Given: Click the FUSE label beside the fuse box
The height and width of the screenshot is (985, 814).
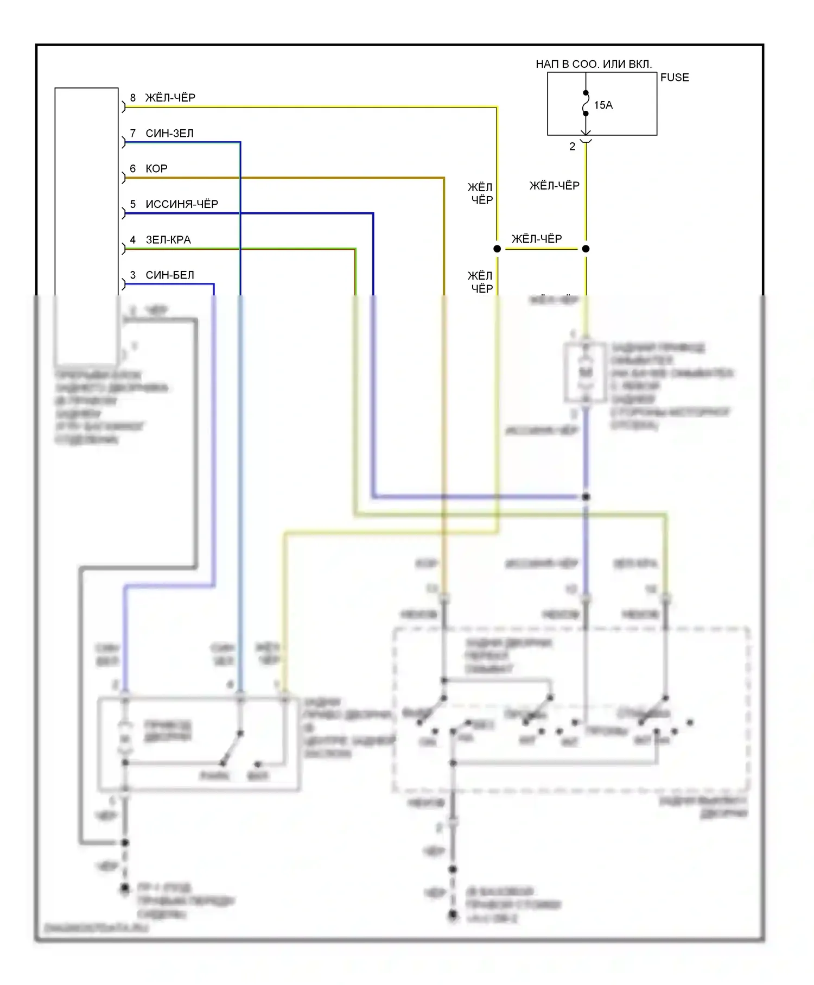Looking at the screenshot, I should coord(674,78).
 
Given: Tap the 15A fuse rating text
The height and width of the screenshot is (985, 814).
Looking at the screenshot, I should coord(603,105).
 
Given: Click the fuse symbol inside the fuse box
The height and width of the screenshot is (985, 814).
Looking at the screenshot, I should coord(586,103).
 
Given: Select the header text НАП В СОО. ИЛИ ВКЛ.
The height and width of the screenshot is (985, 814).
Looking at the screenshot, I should coord(594,64).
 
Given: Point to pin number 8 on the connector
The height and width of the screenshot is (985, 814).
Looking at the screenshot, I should coord(133,98).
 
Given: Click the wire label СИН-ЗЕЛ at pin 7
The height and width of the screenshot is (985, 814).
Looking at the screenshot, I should coord(169,134).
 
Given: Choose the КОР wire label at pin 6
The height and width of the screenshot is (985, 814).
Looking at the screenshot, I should coord(156,169).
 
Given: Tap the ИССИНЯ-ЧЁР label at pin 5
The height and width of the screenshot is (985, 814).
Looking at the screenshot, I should coord(182,204).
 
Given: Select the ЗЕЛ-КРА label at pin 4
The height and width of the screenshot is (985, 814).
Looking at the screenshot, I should coord(168,240).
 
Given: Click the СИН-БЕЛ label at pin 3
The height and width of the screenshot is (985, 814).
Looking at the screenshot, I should coord(170,275).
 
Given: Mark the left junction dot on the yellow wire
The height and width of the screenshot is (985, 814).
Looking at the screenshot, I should coord(497,249).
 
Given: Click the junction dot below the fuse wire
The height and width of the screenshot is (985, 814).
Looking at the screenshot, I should coord(586,249).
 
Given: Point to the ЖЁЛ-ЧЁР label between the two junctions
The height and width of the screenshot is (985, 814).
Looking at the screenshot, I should coord(537,239).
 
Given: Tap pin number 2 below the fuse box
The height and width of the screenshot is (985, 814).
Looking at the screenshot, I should coord(572,147).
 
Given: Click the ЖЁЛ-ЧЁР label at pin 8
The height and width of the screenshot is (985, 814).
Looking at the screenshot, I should coord(170,98).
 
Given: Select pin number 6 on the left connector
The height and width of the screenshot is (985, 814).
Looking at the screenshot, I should coord(133,169).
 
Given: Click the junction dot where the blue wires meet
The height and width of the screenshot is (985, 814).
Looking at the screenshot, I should coord(586,497).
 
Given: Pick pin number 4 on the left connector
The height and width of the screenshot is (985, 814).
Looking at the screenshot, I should coord(133,240).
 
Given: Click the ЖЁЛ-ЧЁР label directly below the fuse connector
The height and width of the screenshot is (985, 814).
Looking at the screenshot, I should coord(554,186).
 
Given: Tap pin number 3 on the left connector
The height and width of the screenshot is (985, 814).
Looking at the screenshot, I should coord(133,275).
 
